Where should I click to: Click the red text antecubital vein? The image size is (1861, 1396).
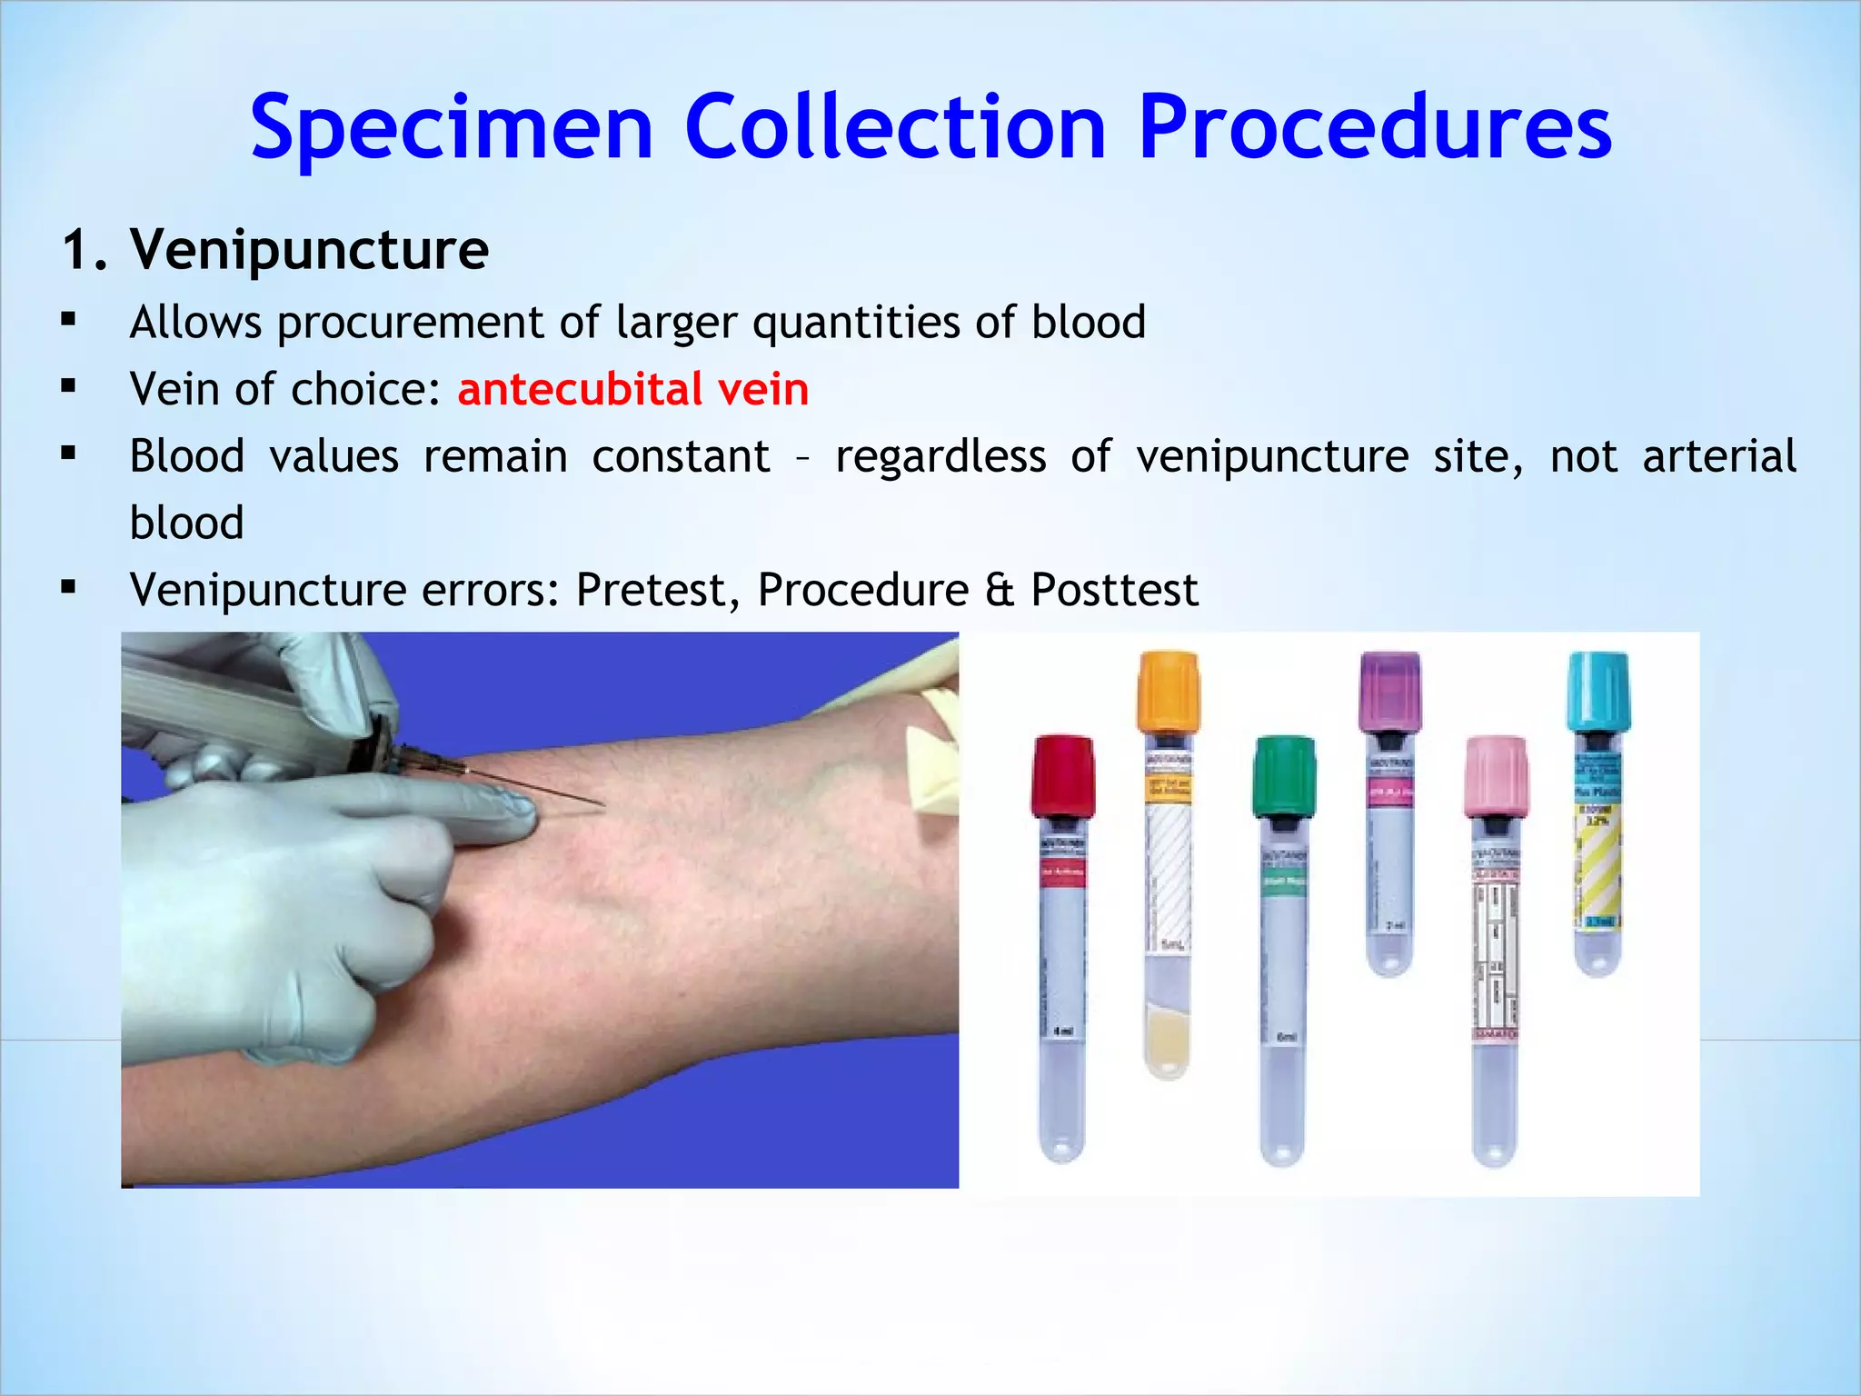[632, 389]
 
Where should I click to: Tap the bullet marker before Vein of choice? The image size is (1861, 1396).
[68, 386]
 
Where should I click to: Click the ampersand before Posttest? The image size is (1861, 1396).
[1000, 590]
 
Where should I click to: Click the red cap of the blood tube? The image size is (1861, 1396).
[1062, 775]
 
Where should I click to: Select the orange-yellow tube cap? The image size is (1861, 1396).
[1168, 691]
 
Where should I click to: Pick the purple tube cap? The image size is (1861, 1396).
[1389, 691]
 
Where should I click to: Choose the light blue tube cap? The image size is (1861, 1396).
[1598, 691]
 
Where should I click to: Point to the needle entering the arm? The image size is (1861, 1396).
[545, 789]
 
